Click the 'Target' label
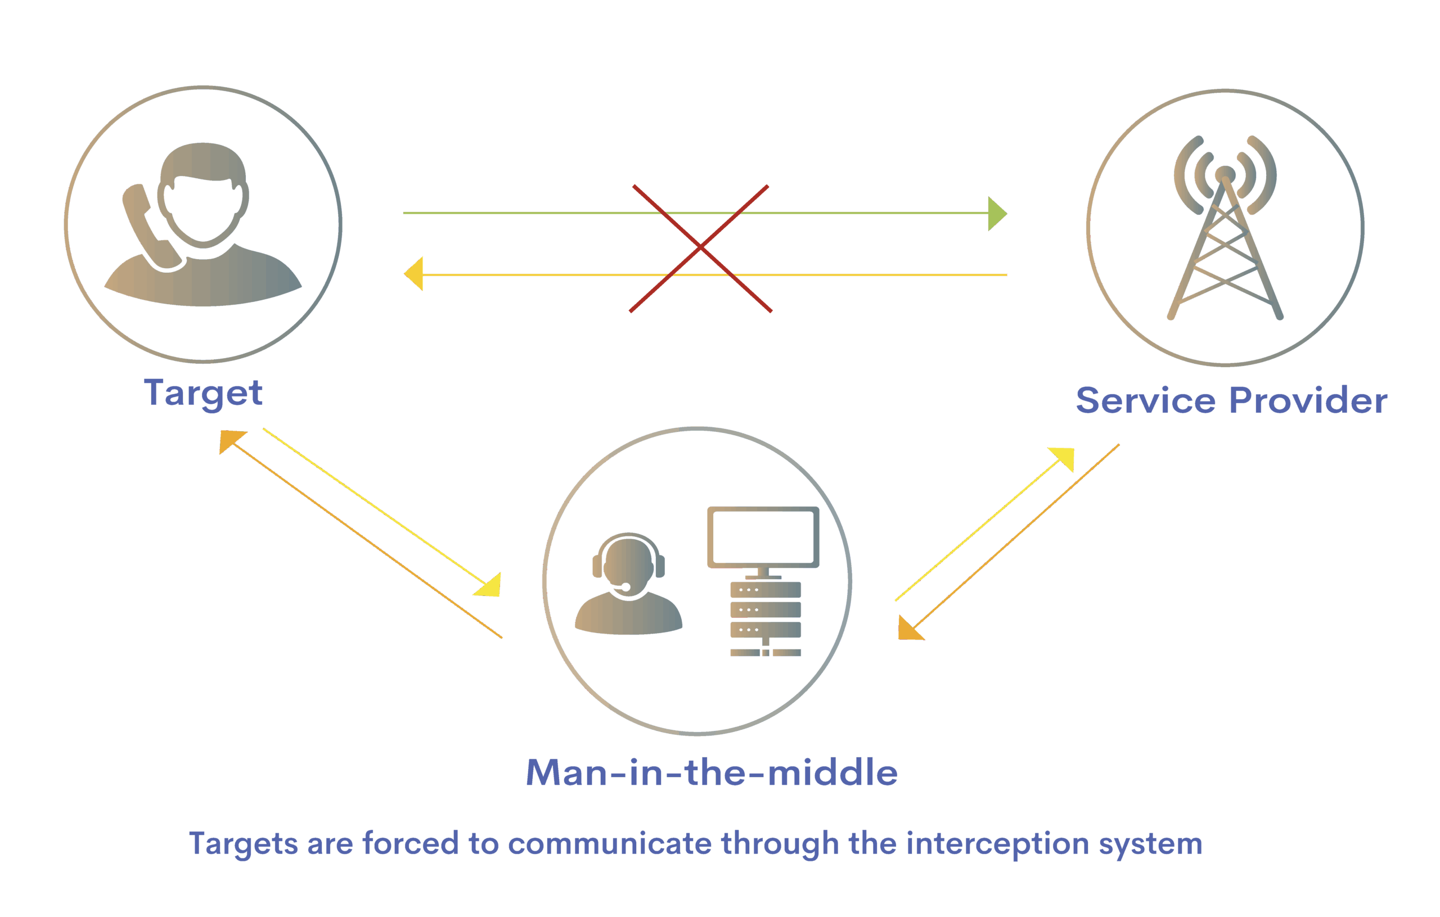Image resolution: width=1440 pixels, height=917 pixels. click(x=202, y=394)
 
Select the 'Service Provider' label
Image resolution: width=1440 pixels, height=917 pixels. click(x=1231, y=400)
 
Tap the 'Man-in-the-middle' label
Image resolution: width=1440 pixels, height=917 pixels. click(x=712, y=773)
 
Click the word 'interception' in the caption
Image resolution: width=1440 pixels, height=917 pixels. click(x=997, y=844)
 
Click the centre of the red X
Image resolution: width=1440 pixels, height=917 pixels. click(x=700, y=247)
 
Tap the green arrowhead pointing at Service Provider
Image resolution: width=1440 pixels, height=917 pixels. click(x=996, y=214)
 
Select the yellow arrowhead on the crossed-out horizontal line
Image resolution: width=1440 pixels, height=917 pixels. click(x=415, y=274)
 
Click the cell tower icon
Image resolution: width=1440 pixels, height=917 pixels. click(x=1225, y=233)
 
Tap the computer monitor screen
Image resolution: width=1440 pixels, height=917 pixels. click(x=763, y=536)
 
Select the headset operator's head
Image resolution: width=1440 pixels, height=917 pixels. click(x=628, y=562)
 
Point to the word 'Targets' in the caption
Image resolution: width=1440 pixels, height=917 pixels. click(x=244, y=844)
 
